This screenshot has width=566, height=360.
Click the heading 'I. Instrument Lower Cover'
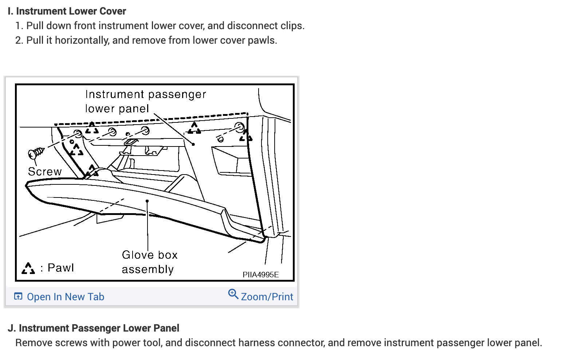point(67,11)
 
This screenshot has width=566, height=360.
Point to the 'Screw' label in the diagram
point(45,172)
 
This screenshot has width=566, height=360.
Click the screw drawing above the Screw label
point(36,153)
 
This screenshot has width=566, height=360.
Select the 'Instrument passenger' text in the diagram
point(145,94)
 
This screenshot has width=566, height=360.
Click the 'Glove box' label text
point(150,255)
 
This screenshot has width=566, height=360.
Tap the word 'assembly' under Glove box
point(148,270)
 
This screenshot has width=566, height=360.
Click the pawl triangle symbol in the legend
point(28,269)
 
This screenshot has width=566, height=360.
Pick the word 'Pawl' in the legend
point(60,268)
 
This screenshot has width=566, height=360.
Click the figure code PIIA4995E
point(260,275)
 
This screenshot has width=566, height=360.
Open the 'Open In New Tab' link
point(66,297)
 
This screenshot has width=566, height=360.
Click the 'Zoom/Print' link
point(267,297)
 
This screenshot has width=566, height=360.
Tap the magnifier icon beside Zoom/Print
point(233,294)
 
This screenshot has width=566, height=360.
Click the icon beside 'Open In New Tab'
point(18,296)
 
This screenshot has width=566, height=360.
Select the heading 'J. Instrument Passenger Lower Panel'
point(94,328)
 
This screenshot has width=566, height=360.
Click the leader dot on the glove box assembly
point(147,201)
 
